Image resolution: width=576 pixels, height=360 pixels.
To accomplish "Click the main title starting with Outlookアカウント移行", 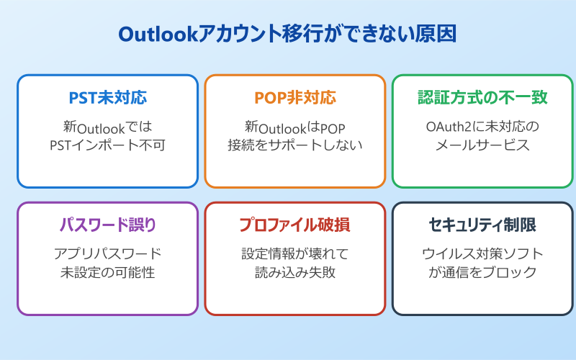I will point(287,35).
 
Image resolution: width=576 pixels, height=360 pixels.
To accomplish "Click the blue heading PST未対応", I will point(107,98).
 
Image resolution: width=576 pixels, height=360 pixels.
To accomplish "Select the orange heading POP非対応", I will point(295,98).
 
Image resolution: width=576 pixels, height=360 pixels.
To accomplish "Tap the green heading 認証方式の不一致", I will point(482,98).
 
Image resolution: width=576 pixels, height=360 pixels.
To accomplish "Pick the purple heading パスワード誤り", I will point(107,225).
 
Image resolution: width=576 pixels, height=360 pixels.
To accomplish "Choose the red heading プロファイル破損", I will point(295,225).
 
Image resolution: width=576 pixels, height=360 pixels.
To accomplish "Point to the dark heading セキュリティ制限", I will point(482,225).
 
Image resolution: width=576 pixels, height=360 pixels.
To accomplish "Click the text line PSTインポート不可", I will point(107,145).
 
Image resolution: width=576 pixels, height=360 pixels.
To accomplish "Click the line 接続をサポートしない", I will point(295,145).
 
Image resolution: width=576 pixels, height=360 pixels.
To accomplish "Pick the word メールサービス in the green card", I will point(482,145).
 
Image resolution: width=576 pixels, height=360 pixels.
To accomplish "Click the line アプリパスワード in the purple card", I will point(107,254).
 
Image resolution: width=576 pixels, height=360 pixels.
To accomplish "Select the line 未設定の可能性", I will point(107,272).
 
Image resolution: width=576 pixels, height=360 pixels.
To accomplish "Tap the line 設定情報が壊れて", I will point(295,254).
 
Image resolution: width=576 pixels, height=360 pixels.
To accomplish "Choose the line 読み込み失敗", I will point(295,272).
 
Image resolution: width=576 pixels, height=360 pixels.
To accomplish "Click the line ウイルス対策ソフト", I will point(482,254).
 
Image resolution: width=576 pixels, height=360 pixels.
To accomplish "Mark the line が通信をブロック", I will point(482,272).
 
